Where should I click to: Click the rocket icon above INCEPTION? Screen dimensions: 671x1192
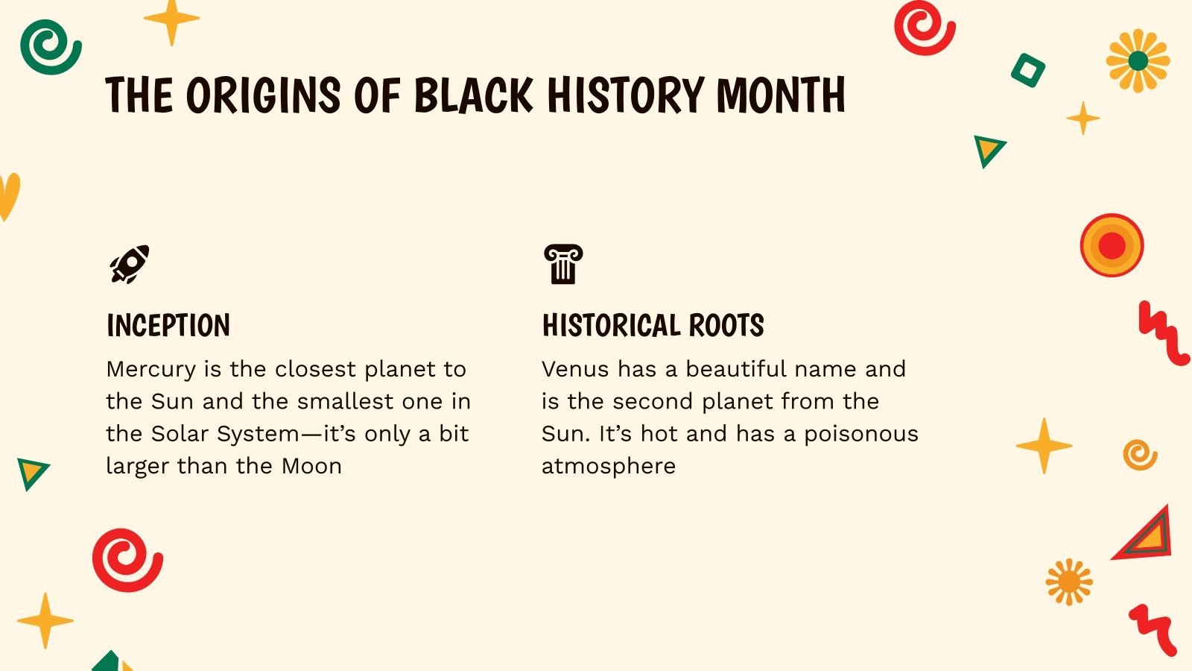130,264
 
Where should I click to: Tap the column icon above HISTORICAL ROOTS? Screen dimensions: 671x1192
563,264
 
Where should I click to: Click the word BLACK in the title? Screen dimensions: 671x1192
473,95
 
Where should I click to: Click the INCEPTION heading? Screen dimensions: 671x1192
168,326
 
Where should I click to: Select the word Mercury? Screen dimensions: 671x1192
150,369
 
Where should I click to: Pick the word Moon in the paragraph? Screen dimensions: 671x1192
311,466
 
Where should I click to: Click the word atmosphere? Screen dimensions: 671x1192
609,466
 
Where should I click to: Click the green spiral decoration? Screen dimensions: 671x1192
50,46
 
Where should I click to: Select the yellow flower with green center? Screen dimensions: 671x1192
1138,61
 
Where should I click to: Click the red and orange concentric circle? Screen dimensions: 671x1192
1112,245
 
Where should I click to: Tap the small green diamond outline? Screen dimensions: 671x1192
1028,71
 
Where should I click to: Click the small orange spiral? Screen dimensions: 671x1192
1140,454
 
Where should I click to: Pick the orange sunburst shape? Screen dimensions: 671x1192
1069,582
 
